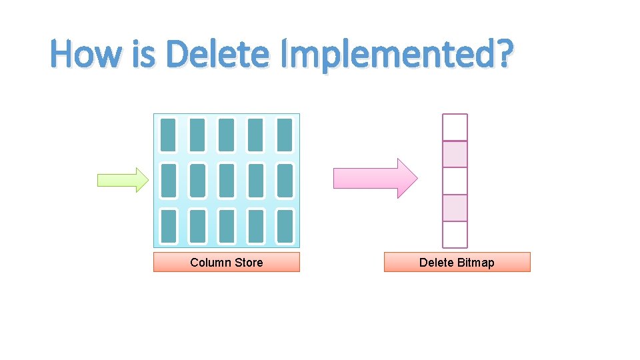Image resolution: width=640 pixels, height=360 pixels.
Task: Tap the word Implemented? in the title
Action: click(x=397, y=55)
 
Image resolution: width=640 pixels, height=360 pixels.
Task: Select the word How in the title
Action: click(x=85, y=55)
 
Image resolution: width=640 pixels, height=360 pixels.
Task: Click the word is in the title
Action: click(x=143, y=55)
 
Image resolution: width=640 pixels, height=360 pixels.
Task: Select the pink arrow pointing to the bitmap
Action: click(x=375, y=179)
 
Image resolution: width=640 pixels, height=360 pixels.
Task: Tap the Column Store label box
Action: click(x=227, y=262)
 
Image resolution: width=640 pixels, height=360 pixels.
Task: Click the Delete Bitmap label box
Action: click(x=457, y=262)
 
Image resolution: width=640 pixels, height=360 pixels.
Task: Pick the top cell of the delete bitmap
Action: click(x=455, y=127)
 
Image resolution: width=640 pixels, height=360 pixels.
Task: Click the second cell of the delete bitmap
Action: click(x=455, y=154)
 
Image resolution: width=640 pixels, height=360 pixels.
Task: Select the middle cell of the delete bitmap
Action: click(x=455, y=181)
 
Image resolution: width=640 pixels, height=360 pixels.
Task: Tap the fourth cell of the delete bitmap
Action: click(x=455, y=207)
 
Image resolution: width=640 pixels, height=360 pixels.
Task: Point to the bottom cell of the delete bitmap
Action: click(x=455, y=234)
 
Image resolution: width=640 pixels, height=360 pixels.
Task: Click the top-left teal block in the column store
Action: click(x=169, y=135)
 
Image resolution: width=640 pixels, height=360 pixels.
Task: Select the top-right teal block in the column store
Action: click(x=285, y=135)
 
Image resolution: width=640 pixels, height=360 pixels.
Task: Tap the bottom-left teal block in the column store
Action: click(x=169, y=227)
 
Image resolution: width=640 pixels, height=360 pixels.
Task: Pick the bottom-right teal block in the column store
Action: click(x=285, y=227)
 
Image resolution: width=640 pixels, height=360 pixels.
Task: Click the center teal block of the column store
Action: click(x=227, y=181)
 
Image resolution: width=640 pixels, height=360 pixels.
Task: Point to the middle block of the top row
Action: click(x=227, y=135)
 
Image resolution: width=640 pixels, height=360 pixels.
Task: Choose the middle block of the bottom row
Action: click(x=227, y=227)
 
